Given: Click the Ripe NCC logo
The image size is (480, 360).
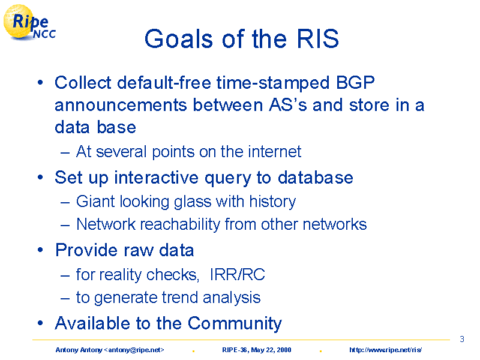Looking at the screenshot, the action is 29,23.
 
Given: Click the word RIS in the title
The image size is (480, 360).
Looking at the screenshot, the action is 318,39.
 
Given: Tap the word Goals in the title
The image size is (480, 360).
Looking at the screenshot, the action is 179,39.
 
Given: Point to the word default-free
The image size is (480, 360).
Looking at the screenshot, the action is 164,83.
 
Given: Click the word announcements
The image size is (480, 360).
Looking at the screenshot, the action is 121,106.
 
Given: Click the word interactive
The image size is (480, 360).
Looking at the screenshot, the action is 157,178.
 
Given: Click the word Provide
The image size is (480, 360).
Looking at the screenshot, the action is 86,250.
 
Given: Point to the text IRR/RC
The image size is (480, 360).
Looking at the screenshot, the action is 237,275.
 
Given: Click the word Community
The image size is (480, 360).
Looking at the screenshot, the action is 235,323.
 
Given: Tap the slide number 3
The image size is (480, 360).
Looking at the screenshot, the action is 462,339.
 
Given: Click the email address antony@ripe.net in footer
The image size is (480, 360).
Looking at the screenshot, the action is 134,350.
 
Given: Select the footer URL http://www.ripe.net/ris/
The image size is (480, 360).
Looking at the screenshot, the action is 385,350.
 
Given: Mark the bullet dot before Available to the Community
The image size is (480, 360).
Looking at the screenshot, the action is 40,323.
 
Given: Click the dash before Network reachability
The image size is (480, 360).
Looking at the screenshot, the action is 65,226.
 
